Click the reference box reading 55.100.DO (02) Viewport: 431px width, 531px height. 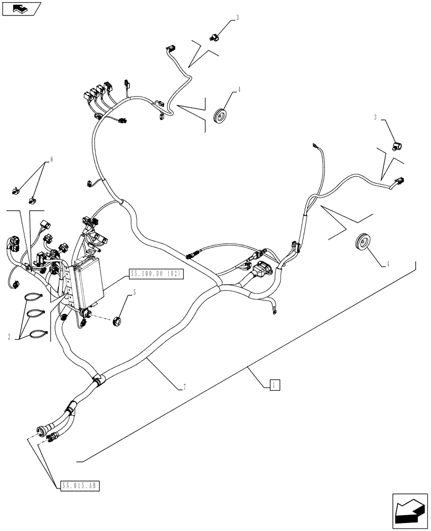tap(156, 274)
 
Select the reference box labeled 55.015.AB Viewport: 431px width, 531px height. tap(81, 485)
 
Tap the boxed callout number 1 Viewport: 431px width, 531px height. tap(274, 385)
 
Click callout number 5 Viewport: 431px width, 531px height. tap(134, 292)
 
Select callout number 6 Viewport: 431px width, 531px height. tap(51, 159)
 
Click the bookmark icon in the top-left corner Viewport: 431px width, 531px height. tap(21, 8)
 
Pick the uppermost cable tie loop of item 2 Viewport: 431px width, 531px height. tap(34, 297)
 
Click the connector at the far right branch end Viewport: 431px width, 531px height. tap(398, 184)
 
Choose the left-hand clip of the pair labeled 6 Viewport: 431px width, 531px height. tap(15, 189)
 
